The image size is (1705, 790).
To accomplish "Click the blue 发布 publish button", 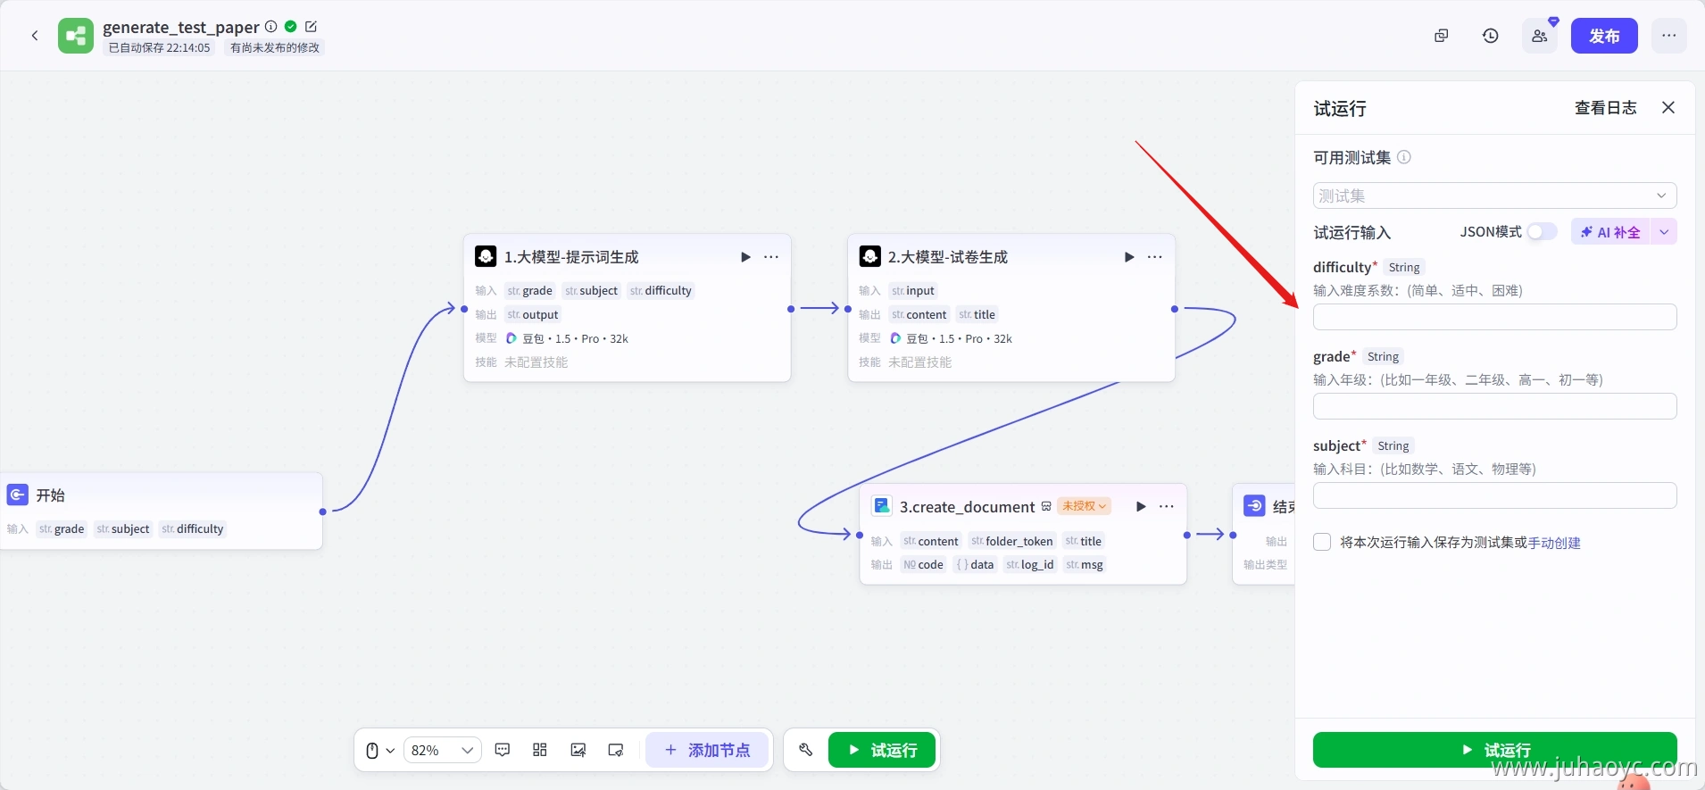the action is pos(1604,36).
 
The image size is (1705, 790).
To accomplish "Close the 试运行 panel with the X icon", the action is pos(1668,108).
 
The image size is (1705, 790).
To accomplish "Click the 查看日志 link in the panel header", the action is pos(1605,108).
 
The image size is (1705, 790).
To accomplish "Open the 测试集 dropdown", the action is pos(1494,195).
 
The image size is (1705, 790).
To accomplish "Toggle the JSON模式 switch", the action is pos(1542,232).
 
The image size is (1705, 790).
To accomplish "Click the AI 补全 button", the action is pos(1610,232).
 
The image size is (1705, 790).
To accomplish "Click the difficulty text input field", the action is pos(1494,317).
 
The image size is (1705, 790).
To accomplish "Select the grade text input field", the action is pos(1494,406).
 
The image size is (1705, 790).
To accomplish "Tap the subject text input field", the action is pos(1494,495).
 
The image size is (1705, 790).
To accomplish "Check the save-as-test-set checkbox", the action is pos(1322,542).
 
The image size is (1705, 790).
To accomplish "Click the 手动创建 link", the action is pos(1554,543).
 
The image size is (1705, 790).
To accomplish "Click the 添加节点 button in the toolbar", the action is pos(707,750).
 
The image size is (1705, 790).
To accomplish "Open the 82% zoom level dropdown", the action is pos(442,750).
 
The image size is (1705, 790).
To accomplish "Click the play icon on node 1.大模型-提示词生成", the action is pos(745,257).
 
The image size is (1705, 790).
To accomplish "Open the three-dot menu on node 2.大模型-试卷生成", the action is pos(1155,257).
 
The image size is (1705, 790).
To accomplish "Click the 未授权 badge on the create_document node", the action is pos(1084,506).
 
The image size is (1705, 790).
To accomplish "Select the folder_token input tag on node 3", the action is pos(1012,541).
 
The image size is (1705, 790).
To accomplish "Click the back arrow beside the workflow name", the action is pos(35,36).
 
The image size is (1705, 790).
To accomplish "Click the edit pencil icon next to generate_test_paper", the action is pos(311,27).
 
